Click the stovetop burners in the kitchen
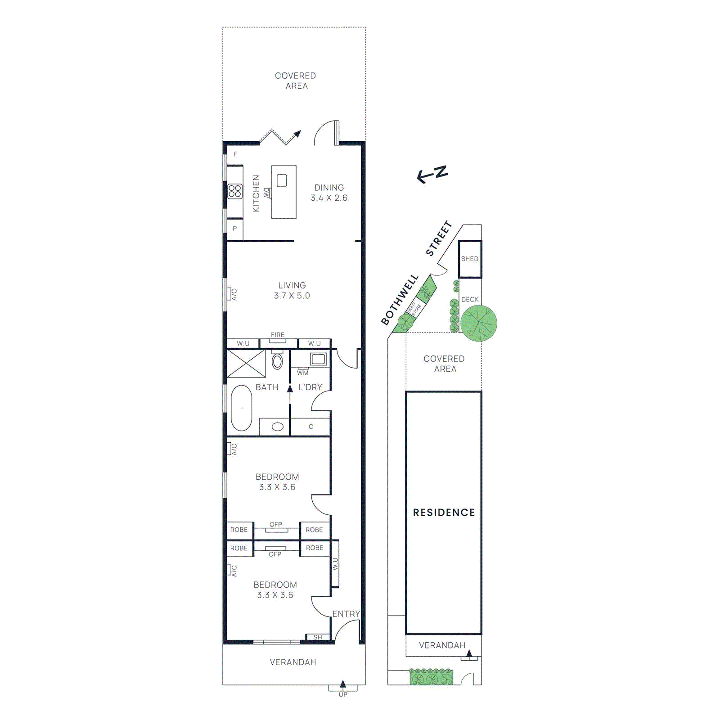(x=235, y=191)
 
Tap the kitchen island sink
(x=282, y=181)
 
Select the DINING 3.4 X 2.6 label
(x=329, y=193)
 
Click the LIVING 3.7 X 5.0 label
(x=292, y=290)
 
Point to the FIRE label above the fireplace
(x=278, y=335)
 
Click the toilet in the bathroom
(x=278, y=360)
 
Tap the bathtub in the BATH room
(x=241, y=408)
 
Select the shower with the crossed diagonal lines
(x=246, y=364)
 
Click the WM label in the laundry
(x=303, y=373)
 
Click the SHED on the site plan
(x=470, y=259)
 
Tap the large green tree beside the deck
(x=478, y=323)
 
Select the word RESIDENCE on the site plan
(x=444, y=513)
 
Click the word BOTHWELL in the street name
(x=400, y=300)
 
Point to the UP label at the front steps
(x=343, y=695)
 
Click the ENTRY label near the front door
(x=346, y=614)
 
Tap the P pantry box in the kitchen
(x=234, y=229)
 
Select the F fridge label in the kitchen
(x=235, y=154)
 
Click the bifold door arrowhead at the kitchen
(x=297, y=133)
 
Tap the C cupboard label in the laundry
(x=310, y=427)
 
